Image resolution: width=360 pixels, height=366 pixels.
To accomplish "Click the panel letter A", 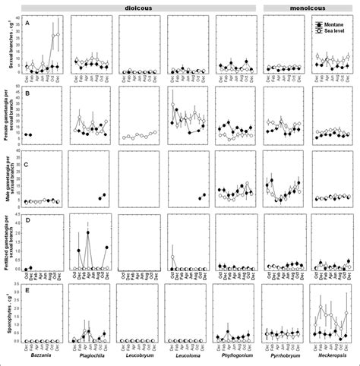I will (x=27, y=22).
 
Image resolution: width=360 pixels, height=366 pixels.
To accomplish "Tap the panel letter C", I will (x=27, y=164).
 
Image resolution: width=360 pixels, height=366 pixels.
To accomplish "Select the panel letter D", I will (x=27, y=221).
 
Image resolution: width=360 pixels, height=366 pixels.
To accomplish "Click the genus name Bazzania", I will (x=42, y=355).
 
